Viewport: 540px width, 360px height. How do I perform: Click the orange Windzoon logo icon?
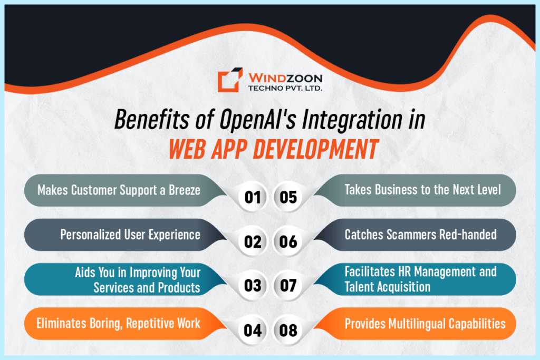click(x=230, y=80)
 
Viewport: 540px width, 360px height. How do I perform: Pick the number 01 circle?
click(x=253, y=198)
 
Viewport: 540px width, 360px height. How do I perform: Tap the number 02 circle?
click(x=253, y=242)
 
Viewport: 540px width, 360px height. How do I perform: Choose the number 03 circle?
click(x=253, y=286)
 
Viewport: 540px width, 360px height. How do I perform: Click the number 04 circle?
click(x=253, y=330)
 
